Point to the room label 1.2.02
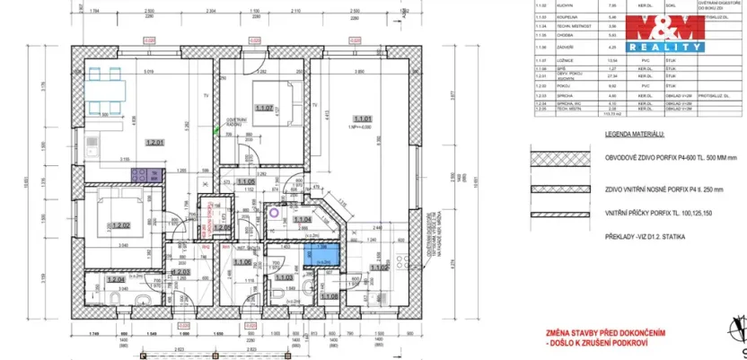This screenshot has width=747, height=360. [x=120, y=224]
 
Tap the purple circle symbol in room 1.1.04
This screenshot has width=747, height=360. [x=274, y=215]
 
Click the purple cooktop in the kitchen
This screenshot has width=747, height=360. [x=140, y=173]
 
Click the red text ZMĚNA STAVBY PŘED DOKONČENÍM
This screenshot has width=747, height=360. [x=607, y=332]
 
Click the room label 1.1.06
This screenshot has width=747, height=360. [x=241, y=262]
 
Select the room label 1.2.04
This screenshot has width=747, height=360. [x=115, y=280]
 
